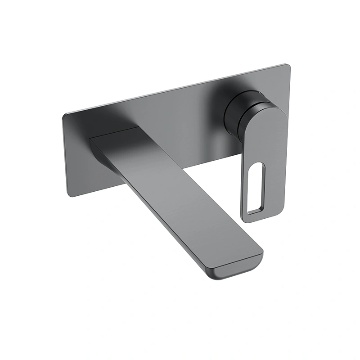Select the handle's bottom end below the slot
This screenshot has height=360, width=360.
[x=252, y=216]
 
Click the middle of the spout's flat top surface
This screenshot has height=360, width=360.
[x=180, y=189]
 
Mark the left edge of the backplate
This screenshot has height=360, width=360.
[x=65, y=155]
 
